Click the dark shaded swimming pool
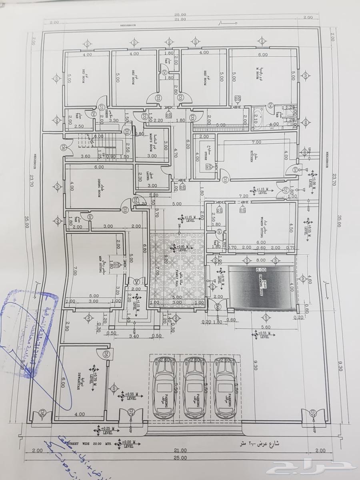pyautogui.click(x=262, y=287)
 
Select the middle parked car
pyautogui.click(x=196, y=387)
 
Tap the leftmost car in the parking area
pyautogui.click(x=165, y=387)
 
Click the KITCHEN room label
pyautogui.click(x=252, y=155)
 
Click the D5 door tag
pyautogui.click(x=106, y=354)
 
